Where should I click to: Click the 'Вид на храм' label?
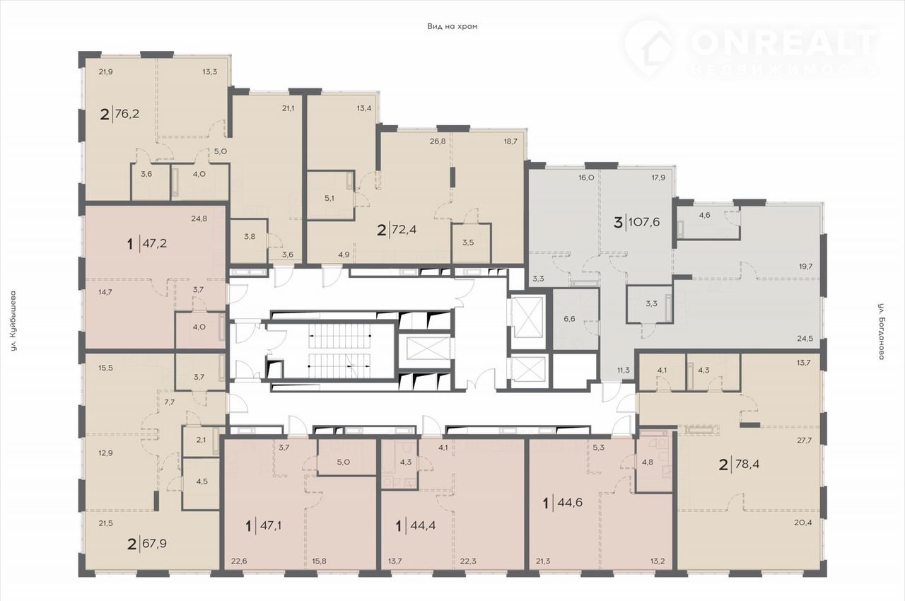click(x=452, y=27)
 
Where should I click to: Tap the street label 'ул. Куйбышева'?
click(x=14, y=320)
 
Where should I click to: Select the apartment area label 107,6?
click(x=644, y=222)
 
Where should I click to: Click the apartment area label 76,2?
click(x=127, y=114)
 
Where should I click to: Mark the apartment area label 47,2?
click(x=155, y=243)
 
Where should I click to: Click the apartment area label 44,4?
click(x=423, y=526)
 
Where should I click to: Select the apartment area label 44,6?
click(x=570, y=503)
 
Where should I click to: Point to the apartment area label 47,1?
click(x=271, y=526)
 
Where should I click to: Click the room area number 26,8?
click(x=438, y=141)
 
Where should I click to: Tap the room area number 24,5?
click(x=805, y=339)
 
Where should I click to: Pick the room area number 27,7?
click(x=805, y=440)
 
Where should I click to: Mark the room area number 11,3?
click(x=624, y=370)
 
